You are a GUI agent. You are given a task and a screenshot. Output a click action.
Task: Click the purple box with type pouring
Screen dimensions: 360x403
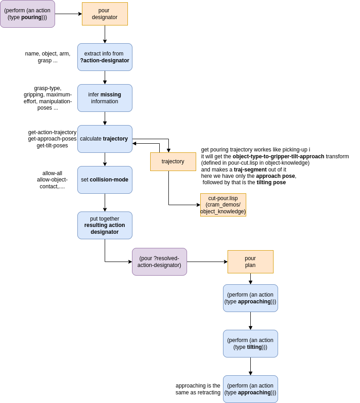[x=27, y=14]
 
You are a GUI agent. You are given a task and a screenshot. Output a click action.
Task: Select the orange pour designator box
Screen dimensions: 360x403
[x=105, y=14]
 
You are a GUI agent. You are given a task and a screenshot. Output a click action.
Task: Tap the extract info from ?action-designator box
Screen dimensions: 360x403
[x=105, y=57]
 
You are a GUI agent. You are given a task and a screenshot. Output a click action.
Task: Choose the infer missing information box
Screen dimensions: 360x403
[x=105, y=98]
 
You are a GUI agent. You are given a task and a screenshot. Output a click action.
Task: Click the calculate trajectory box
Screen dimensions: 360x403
[x=105, y=139]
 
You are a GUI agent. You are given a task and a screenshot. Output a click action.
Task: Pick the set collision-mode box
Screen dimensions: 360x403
[x=105, y=180]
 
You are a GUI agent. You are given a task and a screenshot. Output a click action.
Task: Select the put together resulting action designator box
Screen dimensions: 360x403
[x=105, y=226]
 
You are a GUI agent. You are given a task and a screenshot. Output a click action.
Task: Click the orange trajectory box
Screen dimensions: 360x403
[x=173, y=161]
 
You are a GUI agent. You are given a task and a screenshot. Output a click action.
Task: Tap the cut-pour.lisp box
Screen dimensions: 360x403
[x=223, y=205]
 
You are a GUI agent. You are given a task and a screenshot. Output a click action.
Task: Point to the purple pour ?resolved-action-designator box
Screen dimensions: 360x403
[x=159, y=262]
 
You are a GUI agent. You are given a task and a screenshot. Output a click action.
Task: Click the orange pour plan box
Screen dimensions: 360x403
[x=250, y=262]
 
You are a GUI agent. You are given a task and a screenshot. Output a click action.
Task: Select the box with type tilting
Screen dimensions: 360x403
[x=250, y=343]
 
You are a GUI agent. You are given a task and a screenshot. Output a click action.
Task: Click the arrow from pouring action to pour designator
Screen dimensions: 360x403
[x=68, y=14]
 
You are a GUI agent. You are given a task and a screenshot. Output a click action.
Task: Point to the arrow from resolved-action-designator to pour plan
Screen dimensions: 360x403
[x=207, y=262]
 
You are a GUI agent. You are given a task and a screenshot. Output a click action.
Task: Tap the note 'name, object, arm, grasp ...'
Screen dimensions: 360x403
[x=48, y=57]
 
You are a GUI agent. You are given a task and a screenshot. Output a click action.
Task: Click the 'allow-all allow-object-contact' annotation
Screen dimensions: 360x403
[x=52, y=180]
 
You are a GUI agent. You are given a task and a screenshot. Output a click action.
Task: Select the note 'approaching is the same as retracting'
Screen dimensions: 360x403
[x=198, y=389]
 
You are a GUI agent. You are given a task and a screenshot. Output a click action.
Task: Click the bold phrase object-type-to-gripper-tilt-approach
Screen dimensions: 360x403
[x=279, y=156]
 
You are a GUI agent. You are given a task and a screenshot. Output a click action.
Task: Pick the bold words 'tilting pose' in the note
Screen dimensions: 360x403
[x=271, y=182]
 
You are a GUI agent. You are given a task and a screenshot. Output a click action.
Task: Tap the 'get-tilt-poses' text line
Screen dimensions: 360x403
[x=52, y=146]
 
